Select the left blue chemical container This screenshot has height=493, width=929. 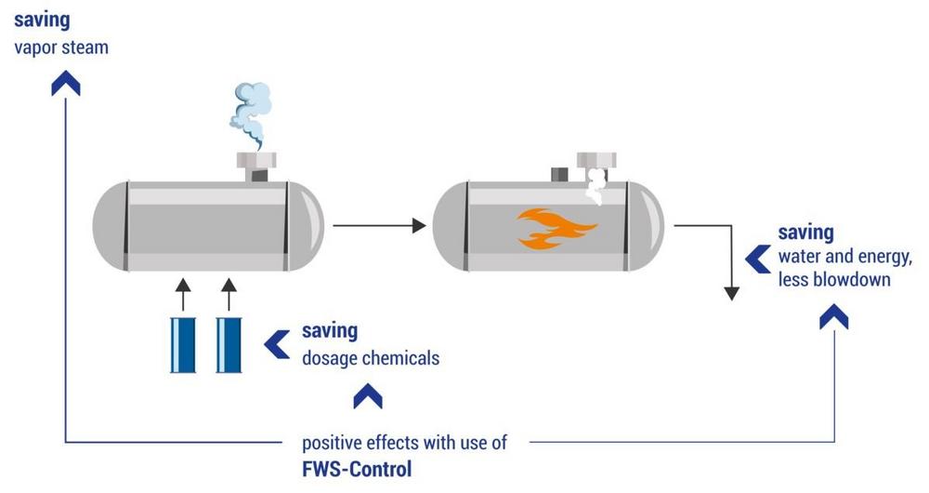coord(182,345)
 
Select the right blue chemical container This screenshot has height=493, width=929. coord(229,345)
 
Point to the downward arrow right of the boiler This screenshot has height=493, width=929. coord(732,270)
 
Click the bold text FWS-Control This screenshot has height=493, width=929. coord(357,468)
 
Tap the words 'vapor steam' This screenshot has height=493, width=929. coord(61,47)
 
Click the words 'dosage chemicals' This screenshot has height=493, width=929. coord(371,357)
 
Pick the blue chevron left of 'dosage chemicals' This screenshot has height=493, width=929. coord(276,343)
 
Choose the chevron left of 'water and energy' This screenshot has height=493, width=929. coord(758,254)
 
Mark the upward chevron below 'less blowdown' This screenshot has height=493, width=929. coord(833,317)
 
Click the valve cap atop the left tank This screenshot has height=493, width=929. coord(256,161)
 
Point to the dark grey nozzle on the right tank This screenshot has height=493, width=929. coord(560,173)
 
